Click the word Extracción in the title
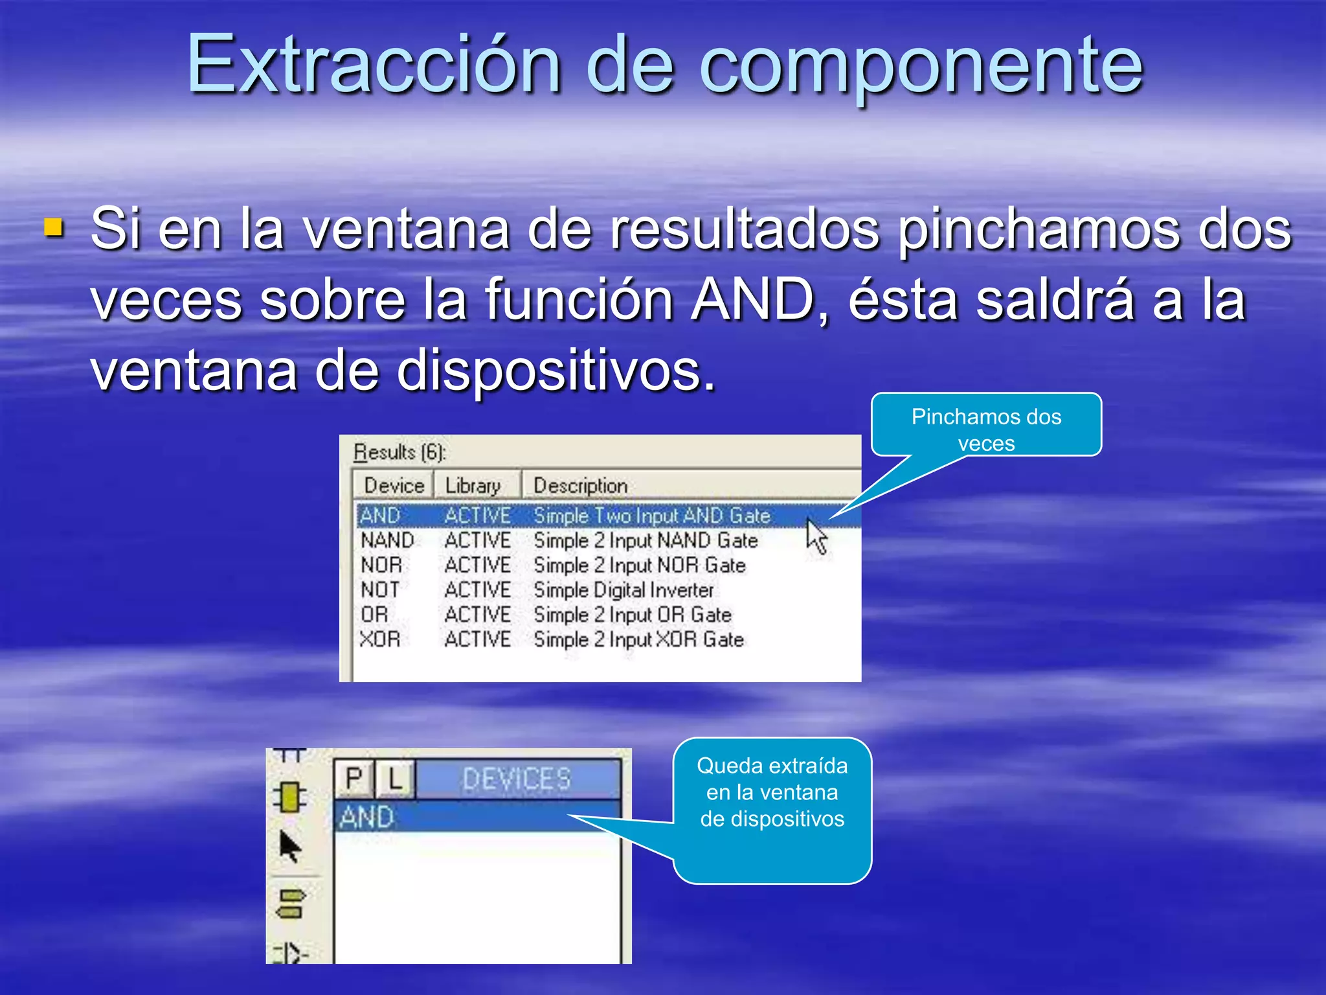tap(374, 65)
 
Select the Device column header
tap(394, 485)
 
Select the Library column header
tap(473, 485)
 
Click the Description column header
tap(580, 485)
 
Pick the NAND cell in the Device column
tap(387, 540)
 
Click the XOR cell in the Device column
tap(380, 639)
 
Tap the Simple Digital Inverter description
tap(623, 590)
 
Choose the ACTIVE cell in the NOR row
tap(477, 565)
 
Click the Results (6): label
tap(399, 452)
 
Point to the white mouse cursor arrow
tap(816, 536)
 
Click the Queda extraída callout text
tap(772, 792)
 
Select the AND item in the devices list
tap(367, 817)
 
